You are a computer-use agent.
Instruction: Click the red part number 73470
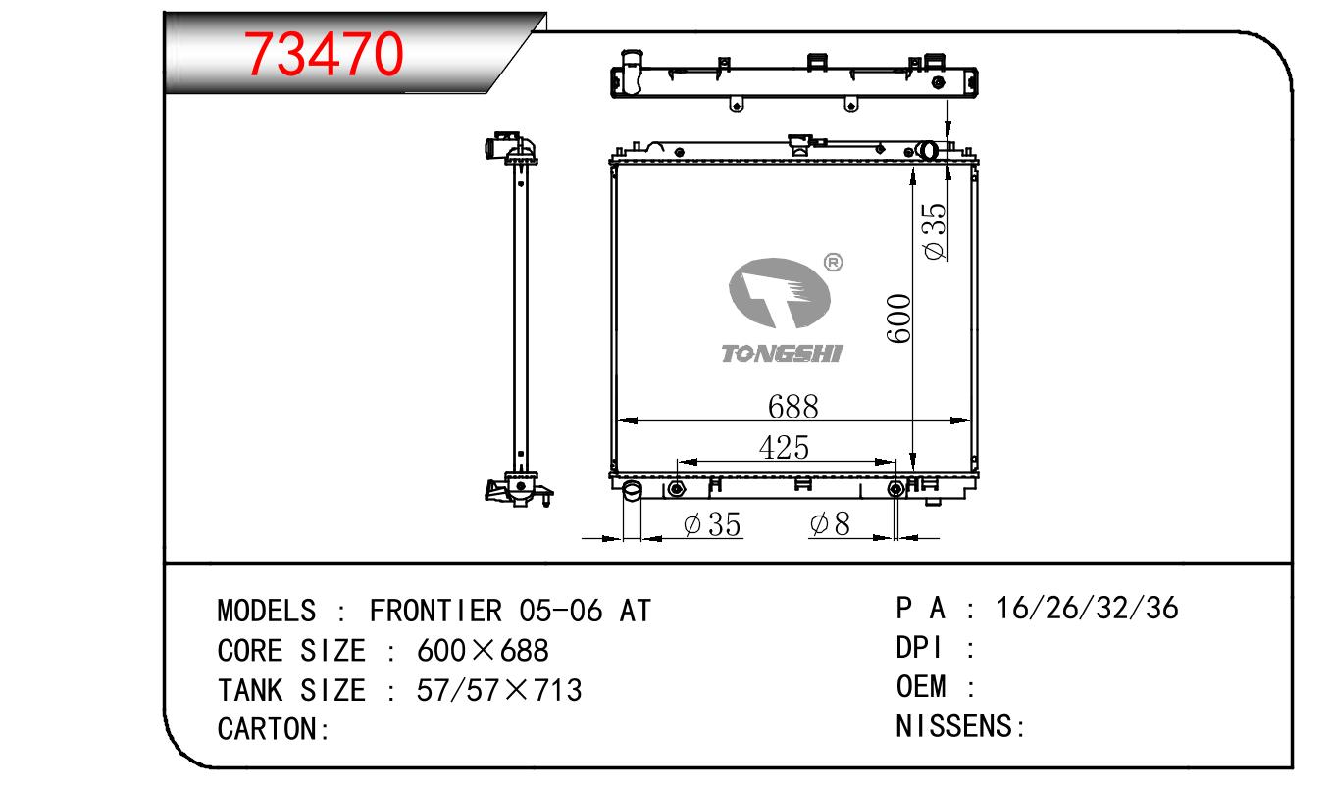tap(324, 54)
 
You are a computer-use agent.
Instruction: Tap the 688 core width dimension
tap(792, 407)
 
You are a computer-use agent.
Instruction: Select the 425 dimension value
tap(784, 447)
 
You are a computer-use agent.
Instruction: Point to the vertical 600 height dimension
tap(898, 319)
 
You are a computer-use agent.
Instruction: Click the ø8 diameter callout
tap(830, 524)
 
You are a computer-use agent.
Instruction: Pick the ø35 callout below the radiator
tap(712, 525)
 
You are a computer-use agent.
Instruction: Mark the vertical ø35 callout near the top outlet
tap(935, 231)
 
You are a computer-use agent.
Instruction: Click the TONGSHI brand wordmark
tap(782, 354)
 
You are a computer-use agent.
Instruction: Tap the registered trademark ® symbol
tap(833, 262)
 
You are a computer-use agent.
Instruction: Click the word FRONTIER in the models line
tap(436, 611)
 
